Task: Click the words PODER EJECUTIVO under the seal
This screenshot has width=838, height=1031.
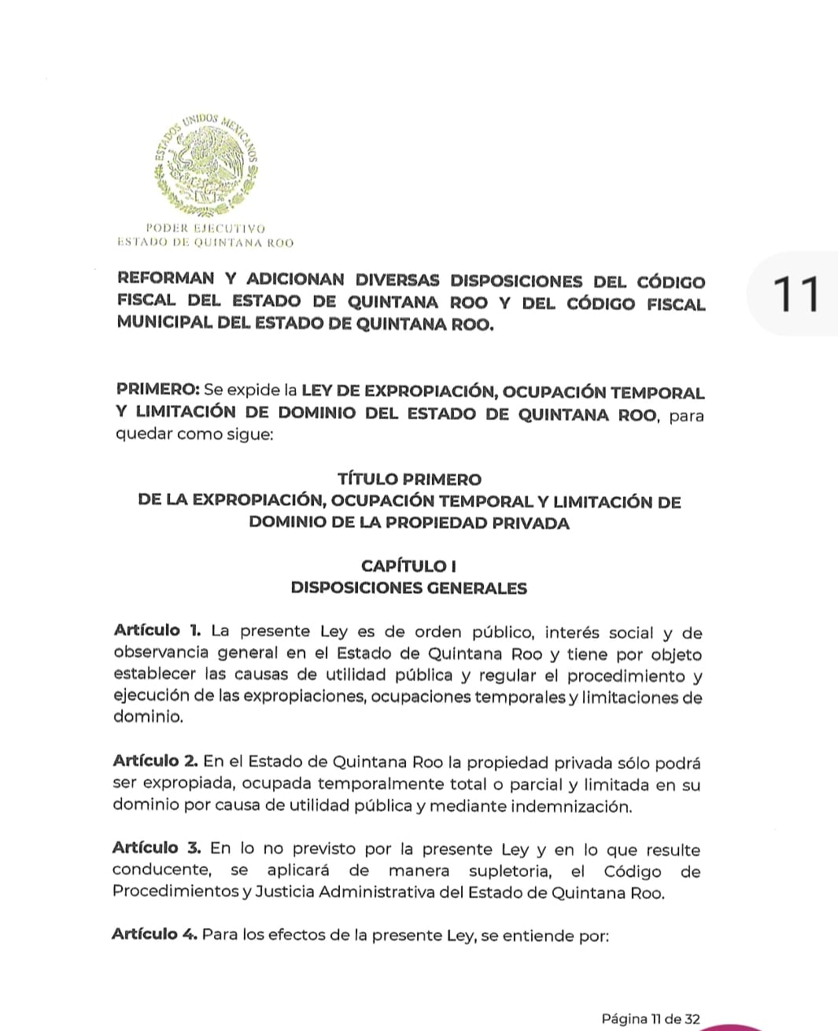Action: (x=205, y=228)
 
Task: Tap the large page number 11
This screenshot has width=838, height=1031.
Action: (x=796, y=294)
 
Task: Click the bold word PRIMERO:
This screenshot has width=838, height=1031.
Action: (x=157, y=390)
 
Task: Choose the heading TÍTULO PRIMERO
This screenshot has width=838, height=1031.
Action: (x=409, y=479)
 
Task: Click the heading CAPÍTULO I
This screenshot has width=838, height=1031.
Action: (x=409, y=565)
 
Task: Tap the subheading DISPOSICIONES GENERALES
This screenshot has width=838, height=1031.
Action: (x=409, y=588)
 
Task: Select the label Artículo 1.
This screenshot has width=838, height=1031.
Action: (x=157, y=631)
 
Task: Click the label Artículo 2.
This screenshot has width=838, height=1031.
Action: (x=155, y=761)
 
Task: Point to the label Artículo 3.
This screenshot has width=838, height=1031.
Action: (x=157, y=848)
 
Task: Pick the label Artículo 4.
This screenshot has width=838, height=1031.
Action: (x=154, y=934)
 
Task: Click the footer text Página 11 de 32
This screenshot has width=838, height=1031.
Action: (x=650, y=1019)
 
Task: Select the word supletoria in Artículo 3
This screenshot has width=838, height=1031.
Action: (x=511, y=871)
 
